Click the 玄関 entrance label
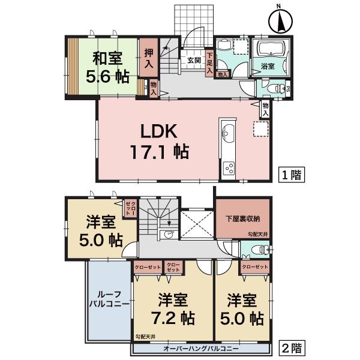[x=193, y=60]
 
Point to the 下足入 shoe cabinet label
[x=209, y=61]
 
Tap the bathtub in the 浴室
[x=273, y=49]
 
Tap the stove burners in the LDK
[x=229, y=169]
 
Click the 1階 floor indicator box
[x=292, y=175]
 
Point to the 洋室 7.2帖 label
[x=172, y=307]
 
